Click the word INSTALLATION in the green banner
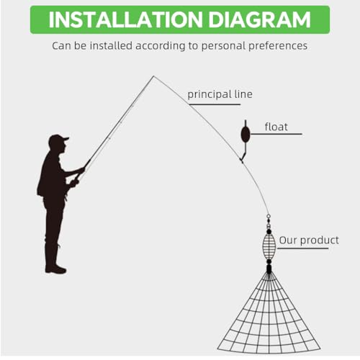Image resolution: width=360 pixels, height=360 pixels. click(126, 19)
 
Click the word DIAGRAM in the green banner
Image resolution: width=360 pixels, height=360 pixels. click(260, 19)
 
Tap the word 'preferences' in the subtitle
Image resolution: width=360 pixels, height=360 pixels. click(278, 46)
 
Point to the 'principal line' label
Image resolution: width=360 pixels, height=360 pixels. click(220, 94)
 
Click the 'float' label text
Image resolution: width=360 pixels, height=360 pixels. click(276, 127)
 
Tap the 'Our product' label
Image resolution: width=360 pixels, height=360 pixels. click(309, 240)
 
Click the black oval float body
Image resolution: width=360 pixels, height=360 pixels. click(246, 135)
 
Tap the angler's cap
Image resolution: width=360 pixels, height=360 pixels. click(58, 139)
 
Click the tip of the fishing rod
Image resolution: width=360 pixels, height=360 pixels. click(153, 76)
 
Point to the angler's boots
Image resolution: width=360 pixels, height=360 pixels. click(55, 264)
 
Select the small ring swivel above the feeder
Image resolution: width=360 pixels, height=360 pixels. click(269, 216)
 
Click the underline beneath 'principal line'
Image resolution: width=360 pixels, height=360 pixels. click(215, 104)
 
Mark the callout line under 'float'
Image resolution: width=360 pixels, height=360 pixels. click(276, 134)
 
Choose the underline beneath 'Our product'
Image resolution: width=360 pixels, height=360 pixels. click(303, 248)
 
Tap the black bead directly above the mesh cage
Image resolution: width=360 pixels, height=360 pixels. click(269, 231)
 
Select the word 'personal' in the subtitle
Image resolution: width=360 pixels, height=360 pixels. click(223, 46)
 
